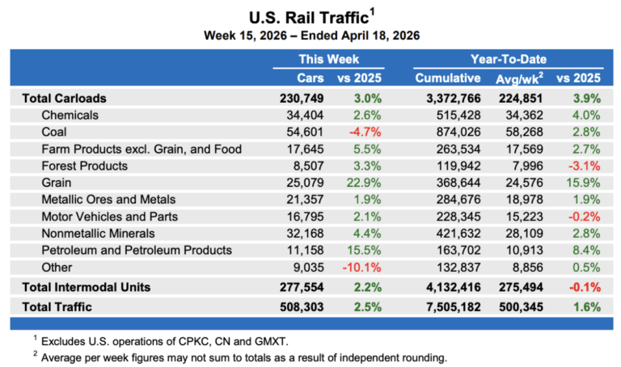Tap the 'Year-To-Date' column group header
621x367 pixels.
[508, 59]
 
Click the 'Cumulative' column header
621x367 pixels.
[447, 78]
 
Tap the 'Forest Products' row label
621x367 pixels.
[85, 166]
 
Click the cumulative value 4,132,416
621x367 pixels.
[447, 287]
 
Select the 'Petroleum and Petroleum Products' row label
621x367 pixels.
[137, 251]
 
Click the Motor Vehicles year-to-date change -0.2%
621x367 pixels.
[585, 217]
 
